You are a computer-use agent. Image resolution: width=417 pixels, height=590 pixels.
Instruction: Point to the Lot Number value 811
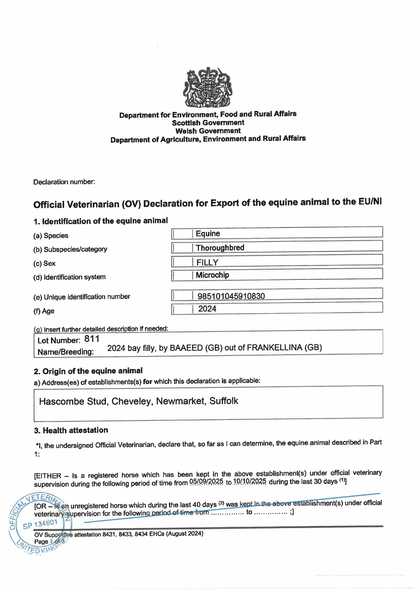[x=92, y=339]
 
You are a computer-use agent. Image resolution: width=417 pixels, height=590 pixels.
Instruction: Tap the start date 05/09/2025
[x=206, y=481]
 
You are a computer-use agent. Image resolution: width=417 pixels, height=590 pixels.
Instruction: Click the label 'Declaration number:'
[x=64, y=182]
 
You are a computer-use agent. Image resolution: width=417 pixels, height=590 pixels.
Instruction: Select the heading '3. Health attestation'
[x=71, y=430]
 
